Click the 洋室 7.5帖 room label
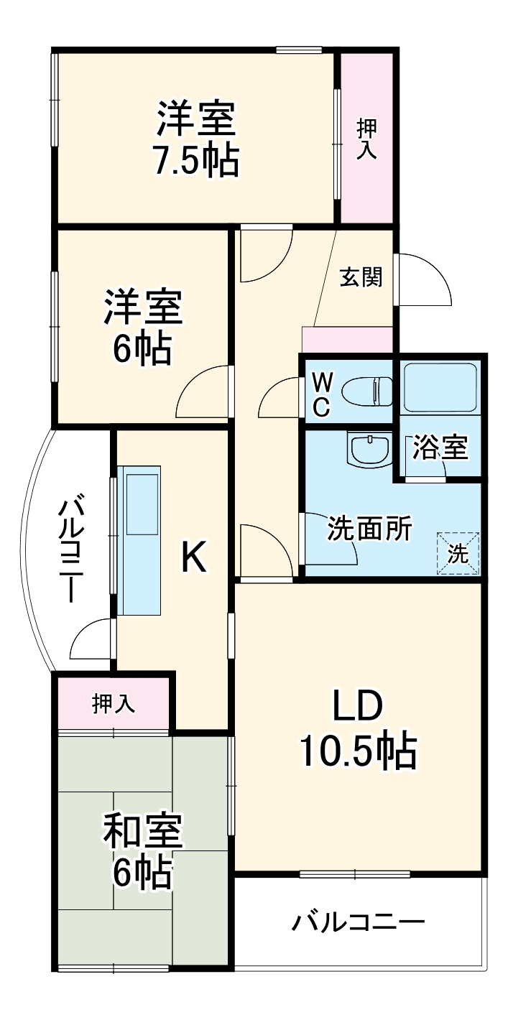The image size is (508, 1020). coord(195,139)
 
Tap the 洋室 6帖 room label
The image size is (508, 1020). coord(142,328)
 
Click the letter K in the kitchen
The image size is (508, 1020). coord(193,557)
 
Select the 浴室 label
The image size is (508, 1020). coord(440,448)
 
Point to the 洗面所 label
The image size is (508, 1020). coord(369,529)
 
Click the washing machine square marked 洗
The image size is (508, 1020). coord(458,553)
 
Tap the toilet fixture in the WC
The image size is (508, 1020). coord(364,392)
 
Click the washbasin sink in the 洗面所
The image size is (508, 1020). coord(368,450)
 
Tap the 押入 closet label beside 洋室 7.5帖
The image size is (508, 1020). coord(367,138)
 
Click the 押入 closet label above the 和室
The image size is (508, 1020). coord(114,704)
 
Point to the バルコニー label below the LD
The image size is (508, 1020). coord(358,922)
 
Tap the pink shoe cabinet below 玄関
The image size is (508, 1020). coord(347,339)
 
